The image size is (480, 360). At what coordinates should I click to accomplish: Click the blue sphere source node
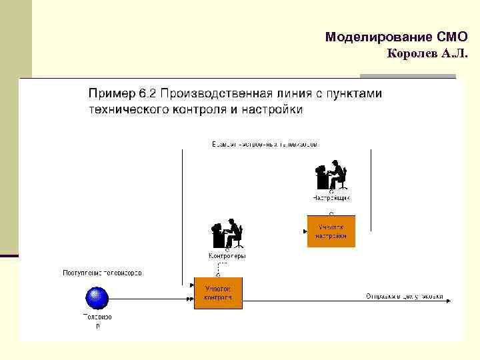(x=97, y=297)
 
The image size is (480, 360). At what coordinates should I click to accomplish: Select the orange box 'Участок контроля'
(x=218, y=293)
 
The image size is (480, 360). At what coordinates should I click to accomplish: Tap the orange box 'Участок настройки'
(x=331, y=231)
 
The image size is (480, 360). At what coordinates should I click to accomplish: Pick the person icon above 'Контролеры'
(x=227, y=235)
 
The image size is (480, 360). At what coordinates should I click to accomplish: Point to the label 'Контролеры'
(x=227, y=256)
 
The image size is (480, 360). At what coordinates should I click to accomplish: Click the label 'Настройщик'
(x=331, y=198)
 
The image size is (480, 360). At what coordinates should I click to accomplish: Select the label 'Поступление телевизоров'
(x=102, y=273)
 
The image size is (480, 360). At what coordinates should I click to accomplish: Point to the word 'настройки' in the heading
(x=274, y=109)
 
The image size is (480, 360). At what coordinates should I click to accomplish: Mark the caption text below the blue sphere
(x=97, y=321)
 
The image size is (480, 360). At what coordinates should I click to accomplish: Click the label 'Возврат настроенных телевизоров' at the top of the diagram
(x=265, y=144)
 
